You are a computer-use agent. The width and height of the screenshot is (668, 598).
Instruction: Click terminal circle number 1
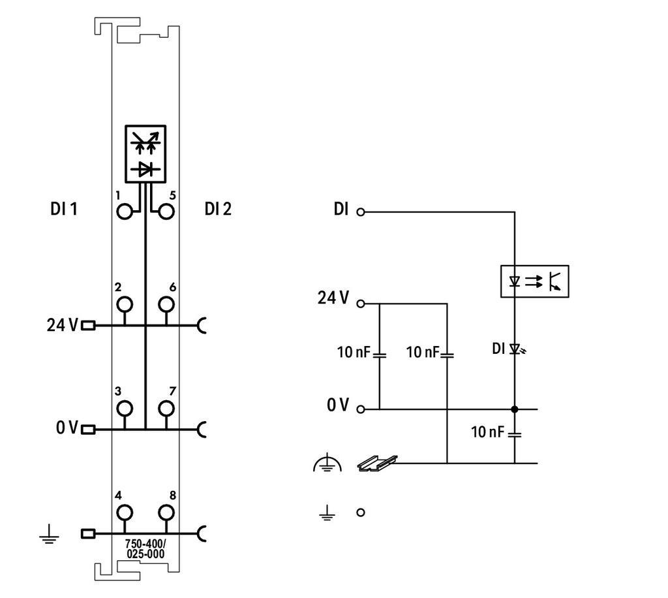click(x=124, y=212)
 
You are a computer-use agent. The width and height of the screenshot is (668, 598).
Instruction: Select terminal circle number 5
click(x=166, y=212)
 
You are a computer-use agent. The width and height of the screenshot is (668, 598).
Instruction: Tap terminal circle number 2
click(x=124, y=304)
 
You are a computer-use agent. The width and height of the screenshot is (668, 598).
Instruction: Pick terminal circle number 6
click(x=166, y=304)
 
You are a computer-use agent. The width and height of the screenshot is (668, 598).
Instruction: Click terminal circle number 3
click(x=124, y=409)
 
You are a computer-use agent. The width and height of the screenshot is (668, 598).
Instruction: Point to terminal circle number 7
click(x=166, y=409)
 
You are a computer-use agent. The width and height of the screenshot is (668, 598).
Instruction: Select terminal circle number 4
click(x=124, y=513)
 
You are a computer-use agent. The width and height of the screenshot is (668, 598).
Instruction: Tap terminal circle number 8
click(x=166, y=513)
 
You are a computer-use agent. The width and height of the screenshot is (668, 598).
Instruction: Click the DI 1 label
click(x=64, y=210)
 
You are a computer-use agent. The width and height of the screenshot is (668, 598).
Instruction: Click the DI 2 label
click(x=218, y=210)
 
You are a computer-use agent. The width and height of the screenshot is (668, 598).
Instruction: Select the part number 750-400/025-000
click(x=145, y=549)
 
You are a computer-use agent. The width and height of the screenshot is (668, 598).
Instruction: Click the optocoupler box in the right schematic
click(x=534, y=281)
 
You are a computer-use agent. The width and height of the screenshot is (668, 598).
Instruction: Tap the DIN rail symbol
click(x=377, y=463)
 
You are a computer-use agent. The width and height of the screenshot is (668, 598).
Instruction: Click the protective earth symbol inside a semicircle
click(x=327, y=464)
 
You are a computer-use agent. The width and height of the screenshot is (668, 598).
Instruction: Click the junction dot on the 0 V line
click(x=514, y=409)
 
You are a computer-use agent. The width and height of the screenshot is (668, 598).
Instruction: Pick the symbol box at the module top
click(x=145, y=153)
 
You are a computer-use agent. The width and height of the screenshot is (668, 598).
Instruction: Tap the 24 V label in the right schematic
click(x=333, y=299)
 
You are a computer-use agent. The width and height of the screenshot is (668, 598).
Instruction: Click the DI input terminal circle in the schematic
click(x=360, y=212)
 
